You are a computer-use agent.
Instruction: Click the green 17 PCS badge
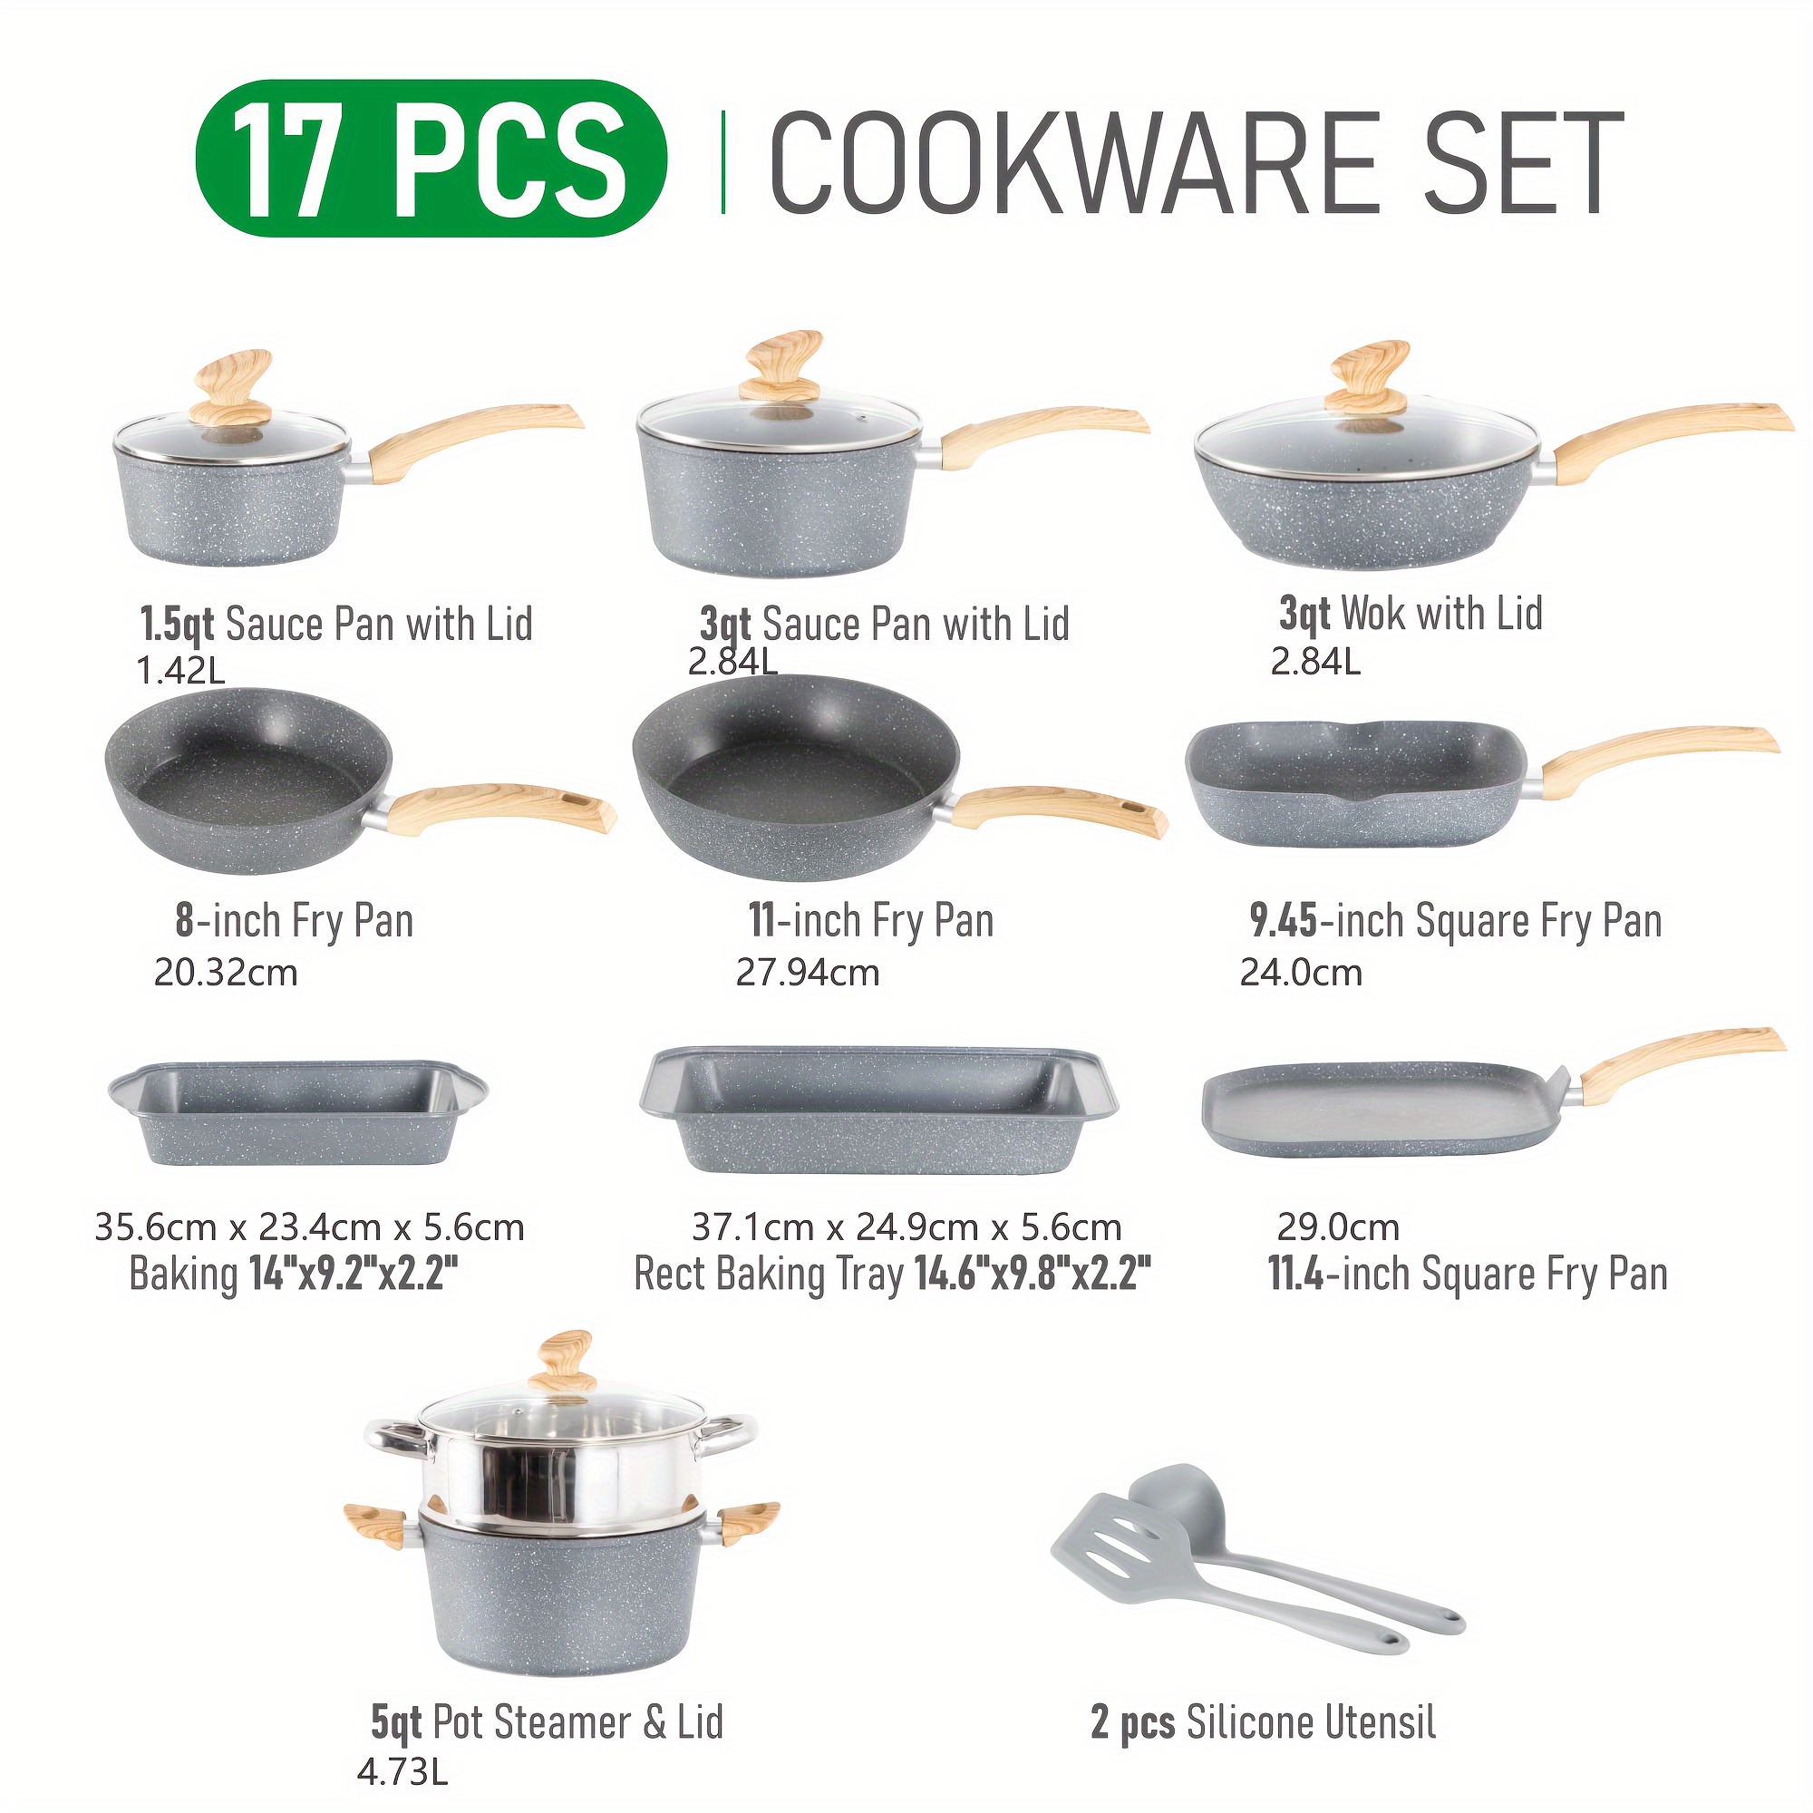431,158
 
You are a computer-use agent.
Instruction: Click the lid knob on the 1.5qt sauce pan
234,390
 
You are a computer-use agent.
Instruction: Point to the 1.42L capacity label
181,671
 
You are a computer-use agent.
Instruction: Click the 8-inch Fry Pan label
294,921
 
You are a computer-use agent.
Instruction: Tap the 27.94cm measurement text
807,972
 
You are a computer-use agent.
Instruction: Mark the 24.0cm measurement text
1301,972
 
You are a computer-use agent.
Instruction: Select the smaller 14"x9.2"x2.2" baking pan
297,1114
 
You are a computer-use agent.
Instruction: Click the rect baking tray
878,1110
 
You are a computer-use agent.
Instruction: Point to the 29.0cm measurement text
1337,1227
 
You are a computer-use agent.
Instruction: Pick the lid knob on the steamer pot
560,1362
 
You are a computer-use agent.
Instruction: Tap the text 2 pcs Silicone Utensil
1263,1723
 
